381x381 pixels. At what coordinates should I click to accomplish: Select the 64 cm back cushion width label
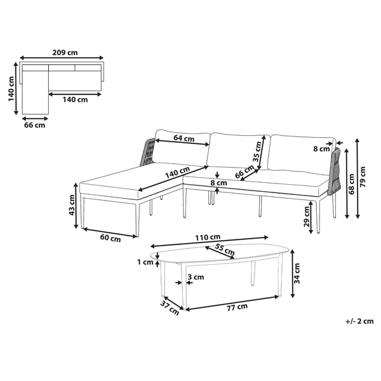point(182,138)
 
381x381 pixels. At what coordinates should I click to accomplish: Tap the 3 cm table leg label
point(196,277)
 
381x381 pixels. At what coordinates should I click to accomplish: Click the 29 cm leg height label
point(307,217)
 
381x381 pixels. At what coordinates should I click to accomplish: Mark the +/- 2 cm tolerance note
point(359,321)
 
